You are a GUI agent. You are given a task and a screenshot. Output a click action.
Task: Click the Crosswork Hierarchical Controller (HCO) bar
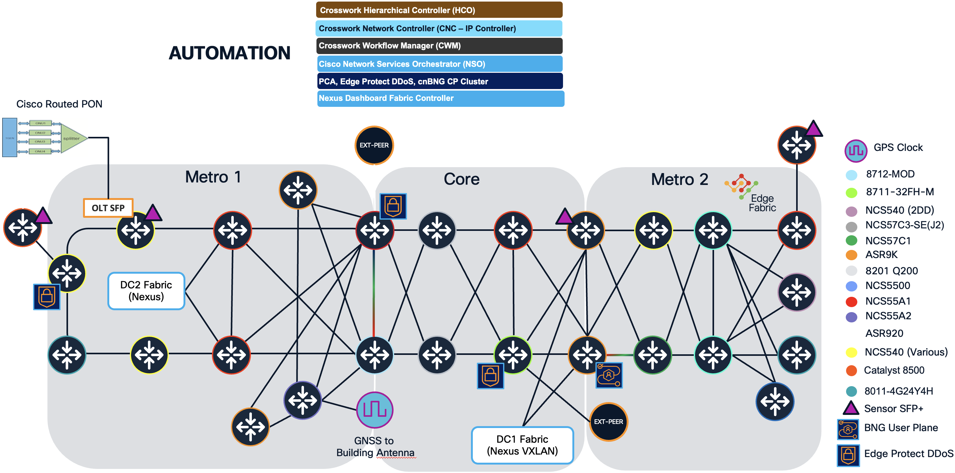(x=439, y=10)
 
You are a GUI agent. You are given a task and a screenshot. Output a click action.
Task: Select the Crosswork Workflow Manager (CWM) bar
(x=439, y=46)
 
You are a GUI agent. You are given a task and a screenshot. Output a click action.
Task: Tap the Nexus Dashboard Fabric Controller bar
(x=440, y=98)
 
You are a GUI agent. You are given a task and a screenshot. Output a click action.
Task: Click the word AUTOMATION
(x=229, y=53)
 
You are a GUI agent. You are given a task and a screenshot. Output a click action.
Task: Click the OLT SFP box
(x=108, y=208)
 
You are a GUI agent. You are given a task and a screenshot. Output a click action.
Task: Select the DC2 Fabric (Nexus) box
(x=146, y=291)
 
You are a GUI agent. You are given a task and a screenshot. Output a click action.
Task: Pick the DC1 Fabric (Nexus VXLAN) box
(x=522, y=445)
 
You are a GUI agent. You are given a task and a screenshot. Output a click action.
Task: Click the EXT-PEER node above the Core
(x=374, y=145)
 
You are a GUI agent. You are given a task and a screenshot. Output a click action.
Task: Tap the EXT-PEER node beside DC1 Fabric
(x=608, y=421)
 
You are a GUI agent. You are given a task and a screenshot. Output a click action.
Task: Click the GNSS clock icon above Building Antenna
(x=375, y=410)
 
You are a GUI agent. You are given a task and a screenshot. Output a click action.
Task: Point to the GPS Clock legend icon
(x=856, y=150)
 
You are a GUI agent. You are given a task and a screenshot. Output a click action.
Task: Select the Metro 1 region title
(x=213, y=177)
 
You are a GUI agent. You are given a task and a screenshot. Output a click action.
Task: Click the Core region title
(x=461, y=179)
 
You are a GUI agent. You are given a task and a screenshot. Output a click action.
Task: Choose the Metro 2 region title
(x=679, y=180)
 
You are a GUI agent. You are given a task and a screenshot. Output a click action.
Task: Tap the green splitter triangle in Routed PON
(x=73, y=138)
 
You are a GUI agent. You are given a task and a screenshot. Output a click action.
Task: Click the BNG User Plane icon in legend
(x=848, y=429)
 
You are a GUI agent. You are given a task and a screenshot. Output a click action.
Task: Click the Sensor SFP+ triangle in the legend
(x=851, y=408)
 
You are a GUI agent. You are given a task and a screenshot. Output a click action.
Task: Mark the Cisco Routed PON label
(x=59, y=104)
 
